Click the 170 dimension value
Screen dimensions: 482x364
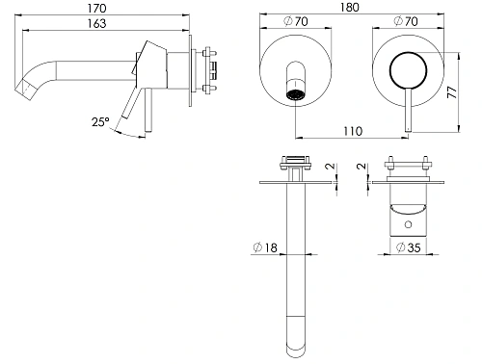(97, 8)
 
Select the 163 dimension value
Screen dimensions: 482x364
(96, 23)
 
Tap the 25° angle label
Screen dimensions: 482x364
(100, 122)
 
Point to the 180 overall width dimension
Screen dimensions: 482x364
(350, 7)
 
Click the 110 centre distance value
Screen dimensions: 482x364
(353, 131)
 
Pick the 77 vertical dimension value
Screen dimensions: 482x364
(452, 92)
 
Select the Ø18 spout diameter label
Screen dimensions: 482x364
(265, 247)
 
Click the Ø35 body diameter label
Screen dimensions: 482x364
(408, 247)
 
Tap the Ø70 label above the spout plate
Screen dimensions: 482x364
(296, 21)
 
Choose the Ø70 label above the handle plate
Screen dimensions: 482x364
(406, 21)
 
